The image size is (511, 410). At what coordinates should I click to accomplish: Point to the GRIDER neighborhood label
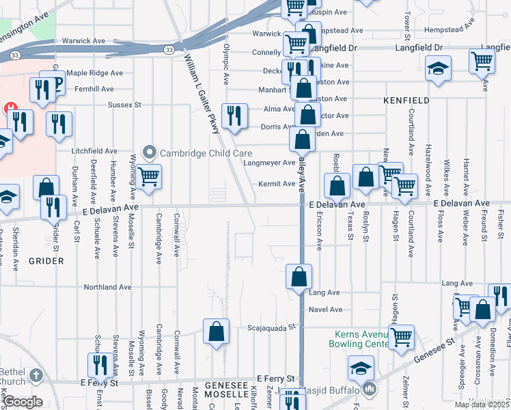(46, 261)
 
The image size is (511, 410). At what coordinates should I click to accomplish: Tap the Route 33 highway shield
(169, 49)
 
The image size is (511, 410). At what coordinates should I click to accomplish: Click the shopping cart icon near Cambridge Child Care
(148, 177)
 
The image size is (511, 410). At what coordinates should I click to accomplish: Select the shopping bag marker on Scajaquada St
(216, 332)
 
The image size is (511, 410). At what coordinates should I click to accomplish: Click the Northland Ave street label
(107, 288)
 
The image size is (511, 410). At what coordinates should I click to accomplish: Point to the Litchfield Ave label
(96, 151)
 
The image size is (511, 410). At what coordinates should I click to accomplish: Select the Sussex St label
(124, 105)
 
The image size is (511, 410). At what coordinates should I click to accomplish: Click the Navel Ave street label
(325, 310)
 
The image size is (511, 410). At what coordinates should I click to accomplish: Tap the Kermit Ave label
(276, 184)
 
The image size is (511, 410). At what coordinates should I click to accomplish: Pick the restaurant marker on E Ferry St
(101, 366)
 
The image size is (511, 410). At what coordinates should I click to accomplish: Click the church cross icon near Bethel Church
(36, 375)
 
